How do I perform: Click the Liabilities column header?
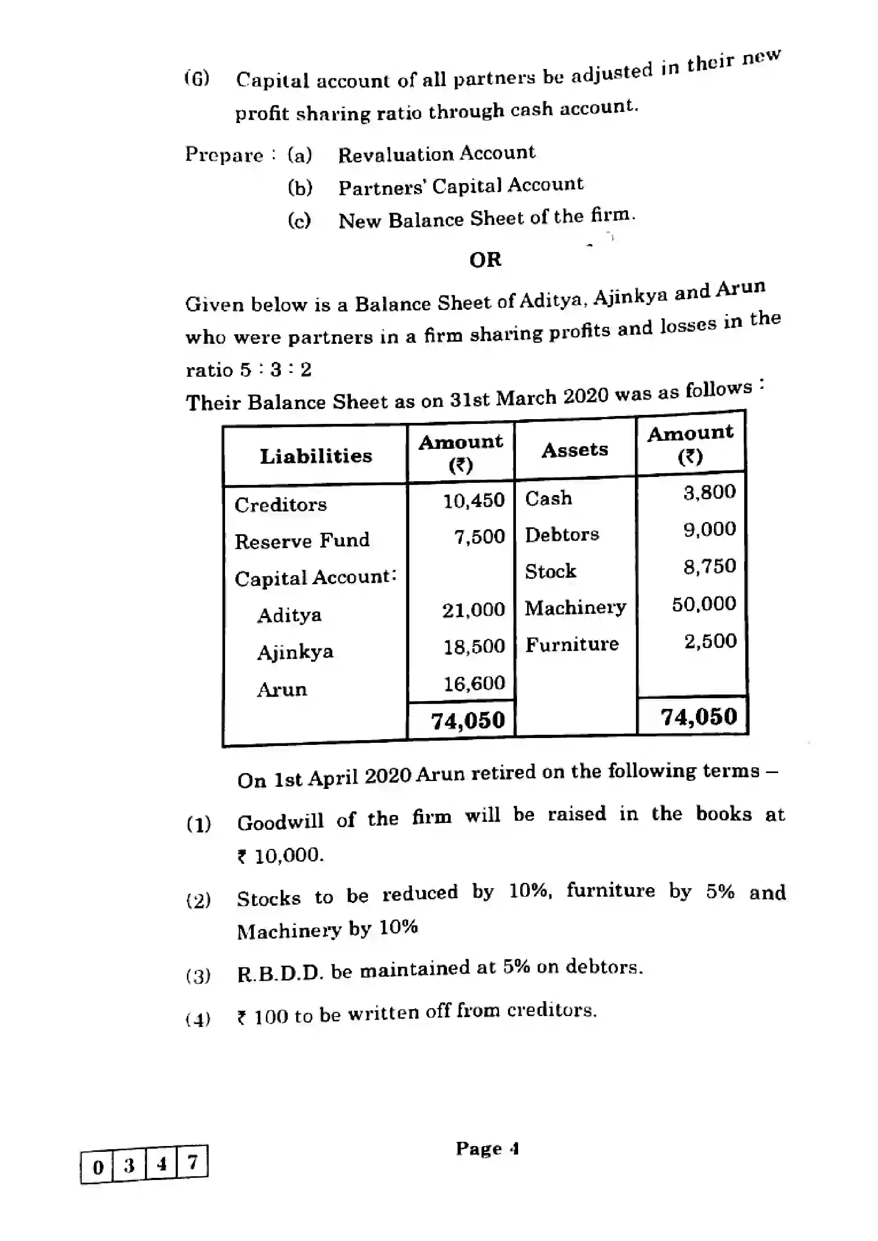coord(316,456)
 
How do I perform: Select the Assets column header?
coord(575,449)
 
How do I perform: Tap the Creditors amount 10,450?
coord(474,500)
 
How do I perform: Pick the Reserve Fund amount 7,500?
coord(479,537)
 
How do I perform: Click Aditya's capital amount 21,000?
coord(473,610)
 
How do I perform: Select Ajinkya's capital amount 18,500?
coord(474,646)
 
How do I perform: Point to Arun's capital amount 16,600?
coord(474,683)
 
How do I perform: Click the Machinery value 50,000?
coord(703,603)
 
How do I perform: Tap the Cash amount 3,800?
coord(709,492)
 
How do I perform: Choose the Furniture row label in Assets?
coord(572,644)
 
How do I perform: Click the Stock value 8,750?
coord(709,566)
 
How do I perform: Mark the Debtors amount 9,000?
coord(709,528)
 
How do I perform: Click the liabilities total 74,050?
coord(467,720)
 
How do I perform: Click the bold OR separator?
coord(485,260)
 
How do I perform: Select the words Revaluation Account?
coord(436,153)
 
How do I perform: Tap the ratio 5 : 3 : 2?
coord(276,370)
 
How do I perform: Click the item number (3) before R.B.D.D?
coord(198,976)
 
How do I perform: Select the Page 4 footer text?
coord(487,1148)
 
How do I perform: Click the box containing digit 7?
coord(193,1161)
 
